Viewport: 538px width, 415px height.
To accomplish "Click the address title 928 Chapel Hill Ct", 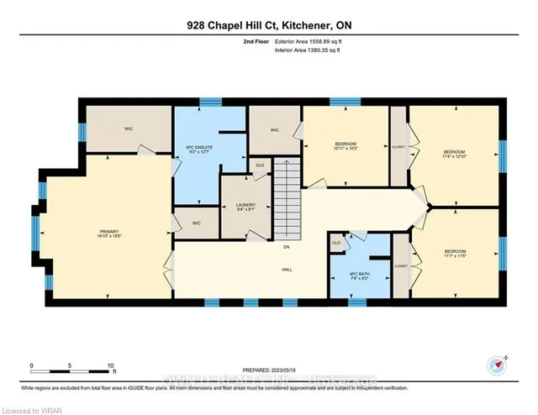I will pos(268,26).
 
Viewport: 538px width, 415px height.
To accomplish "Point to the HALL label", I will pos(287,271).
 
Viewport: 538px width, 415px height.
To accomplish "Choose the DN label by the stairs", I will pos(287,246).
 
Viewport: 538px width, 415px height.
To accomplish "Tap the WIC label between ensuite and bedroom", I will pos(274,130).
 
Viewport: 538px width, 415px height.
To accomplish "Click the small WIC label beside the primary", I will pos(195,223).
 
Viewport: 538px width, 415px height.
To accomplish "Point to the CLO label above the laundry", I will pos(260,165).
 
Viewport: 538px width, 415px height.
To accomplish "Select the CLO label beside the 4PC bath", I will pos(336,243).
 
